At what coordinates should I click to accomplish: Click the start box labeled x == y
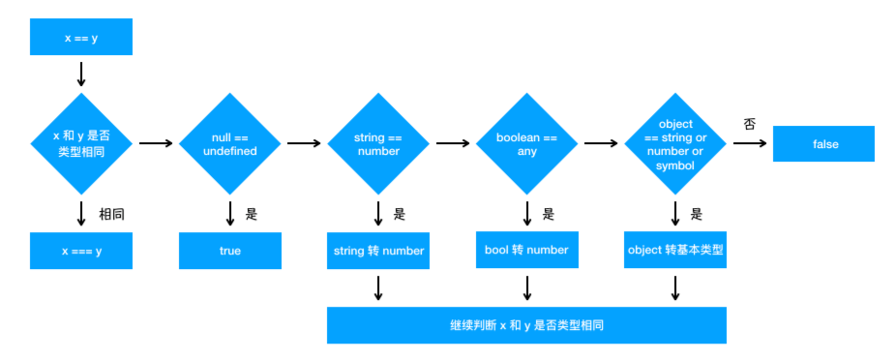[x=81, y=37]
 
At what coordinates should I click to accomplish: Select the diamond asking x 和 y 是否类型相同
[x=81, y=143]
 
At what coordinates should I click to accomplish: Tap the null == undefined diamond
[x=229, y=143]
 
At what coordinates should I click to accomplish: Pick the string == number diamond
[x=377, y=143]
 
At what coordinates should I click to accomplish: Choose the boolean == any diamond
[x=526, y=143]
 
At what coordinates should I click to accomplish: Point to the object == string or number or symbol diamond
[x=674, y=143]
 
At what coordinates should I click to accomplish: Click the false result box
[x=823, y=143]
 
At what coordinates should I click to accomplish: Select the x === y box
[x=81, y=251]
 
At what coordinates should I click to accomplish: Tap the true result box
[x=229, y=251]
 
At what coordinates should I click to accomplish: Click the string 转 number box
[x=377, y=251]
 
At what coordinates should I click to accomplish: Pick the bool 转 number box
[x=526, y=250]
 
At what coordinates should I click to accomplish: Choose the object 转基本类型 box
[x=674, y=250]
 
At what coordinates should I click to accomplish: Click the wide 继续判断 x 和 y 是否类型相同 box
[x=526, y=325]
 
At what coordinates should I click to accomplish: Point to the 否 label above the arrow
[x=749, y=124]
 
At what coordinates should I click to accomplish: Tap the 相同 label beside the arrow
[x=111, y=215]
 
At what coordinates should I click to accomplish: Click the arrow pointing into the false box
[x=750, y=143]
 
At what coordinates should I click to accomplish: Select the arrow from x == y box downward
[x=81, y=74]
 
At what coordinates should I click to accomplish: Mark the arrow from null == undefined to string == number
[x=304, y=143]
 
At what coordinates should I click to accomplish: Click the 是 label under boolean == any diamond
[x=549, y=215]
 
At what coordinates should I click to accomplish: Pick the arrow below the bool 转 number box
[x=526, y=288]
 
